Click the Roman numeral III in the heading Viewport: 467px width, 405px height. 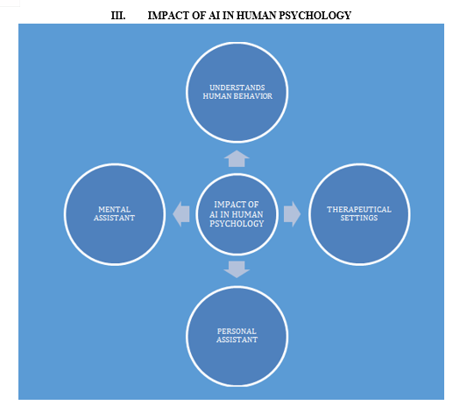pos(118,16)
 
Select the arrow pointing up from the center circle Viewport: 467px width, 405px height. pos(237,158)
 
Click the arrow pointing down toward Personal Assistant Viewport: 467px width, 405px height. pos(237,269)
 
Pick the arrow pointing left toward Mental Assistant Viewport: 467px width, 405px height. pos(181,214)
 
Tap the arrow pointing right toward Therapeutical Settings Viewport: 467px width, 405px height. pos(292,214)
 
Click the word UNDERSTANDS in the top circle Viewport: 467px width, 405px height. pos(237,87)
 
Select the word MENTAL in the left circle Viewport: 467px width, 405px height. pos(115,209)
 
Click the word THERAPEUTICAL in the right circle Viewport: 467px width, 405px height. pos(359,209)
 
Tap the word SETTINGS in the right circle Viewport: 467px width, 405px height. pos(359,218)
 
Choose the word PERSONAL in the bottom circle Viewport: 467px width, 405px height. pos(237,332)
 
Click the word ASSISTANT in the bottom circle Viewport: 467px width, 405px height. pos(237,339)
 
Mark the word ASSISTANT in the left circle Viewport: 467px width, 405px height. pos(115,218)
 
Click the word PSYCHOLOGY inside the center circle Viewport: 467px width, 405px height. pos(237,224)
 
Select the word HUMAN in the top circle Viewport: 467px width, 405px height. pos(217,96)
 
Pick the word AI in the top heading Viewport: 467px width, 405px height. pos(214,16)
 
